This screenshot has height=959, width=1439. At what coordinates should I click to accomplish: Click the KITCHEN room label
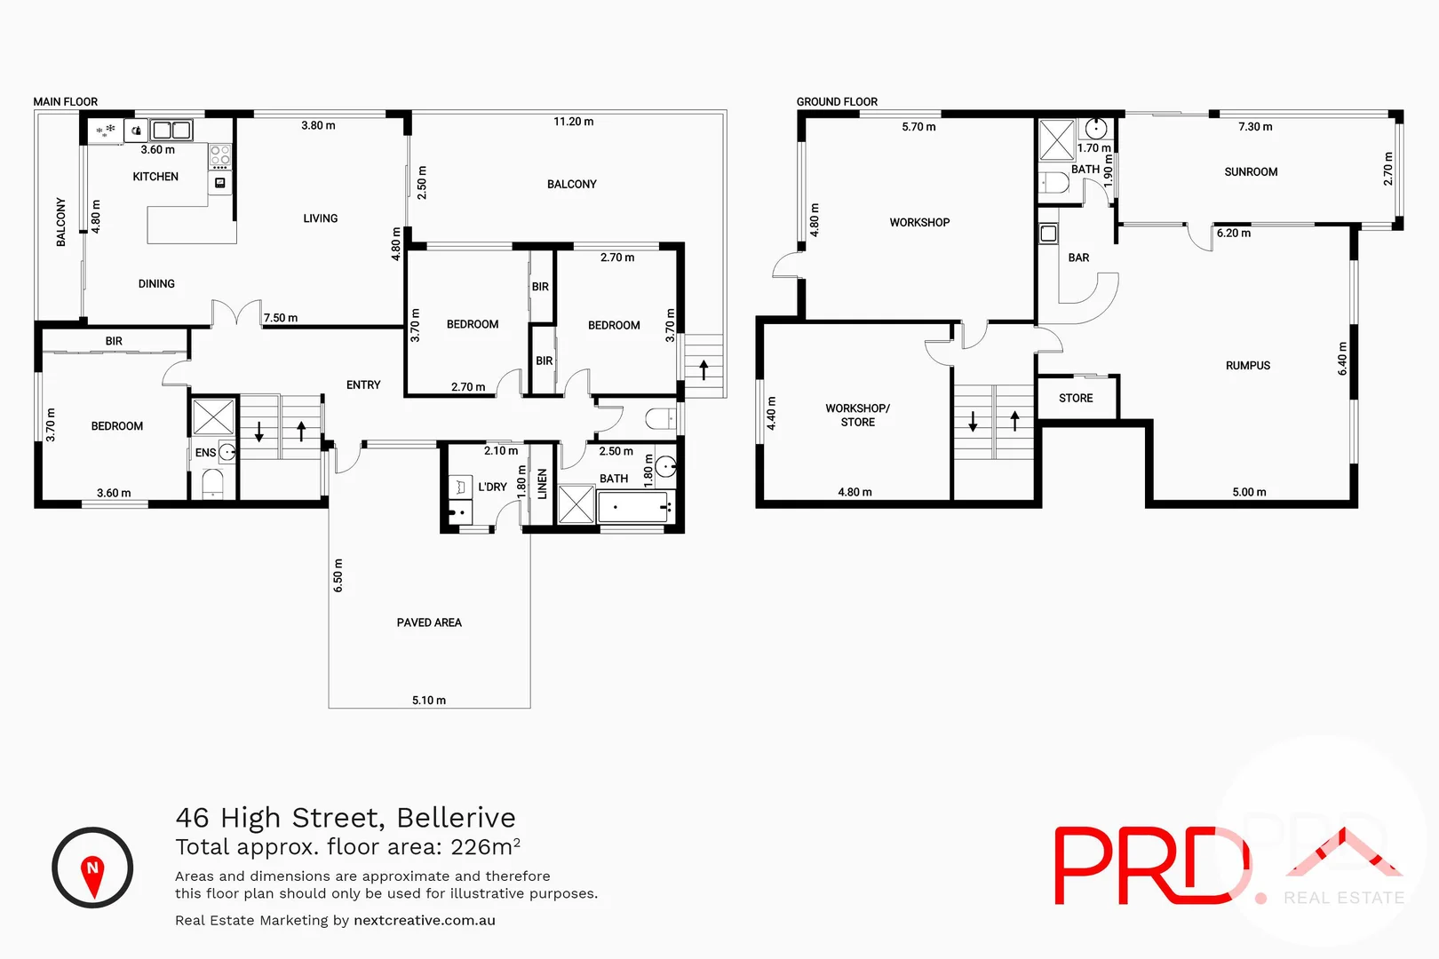tap(155, 177)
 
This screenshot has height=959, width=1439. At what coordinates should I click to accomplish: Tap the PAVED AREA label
tap(429, 622)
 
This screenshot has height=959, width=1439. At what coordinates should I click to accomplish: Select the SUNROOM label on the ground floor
tap(1251, 172)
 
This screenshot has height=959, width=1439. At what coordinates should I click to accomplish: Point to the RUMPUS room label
tap(1247, 366)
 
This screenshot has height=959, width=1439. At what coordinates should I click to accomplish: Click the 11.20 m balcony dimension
tap(573, 122)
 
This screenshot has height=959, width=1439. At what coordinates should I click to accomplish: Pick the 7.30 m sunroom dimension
tap(1254, 127)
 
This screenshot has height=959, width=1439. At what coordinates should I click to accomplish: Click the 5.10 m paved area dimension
tap(429, 701)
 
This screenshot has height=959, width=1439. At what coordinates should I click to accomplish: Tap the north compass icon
tap(92, 868)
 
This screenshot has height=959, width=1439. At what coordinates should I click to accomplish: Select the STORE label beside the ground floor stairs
tap(1076, 399)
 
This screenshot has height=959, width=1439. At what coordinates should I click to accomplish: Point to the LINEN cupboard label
tap(543, 484)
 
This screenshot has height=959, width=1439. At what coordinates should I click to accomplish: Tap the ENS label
tap(205, 453)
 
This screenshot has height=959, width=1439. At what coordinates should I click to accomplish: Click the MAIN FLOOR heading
tap(66, 102)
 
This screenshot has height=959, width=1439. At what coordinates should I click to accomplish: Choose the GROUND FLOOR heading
tap(837, 102)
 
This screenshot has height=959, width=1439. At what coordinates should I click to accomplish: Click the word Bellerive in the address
tap(456, 818)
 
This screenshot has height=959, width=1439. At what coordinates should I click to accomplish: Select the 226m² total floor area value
tap(485, 847)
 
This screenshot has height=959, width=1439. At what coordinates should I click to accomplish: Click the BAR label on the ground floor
tap(1078, 258)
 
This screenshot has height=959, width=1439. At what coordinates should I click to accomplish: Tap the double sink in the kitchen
tap(171, 131)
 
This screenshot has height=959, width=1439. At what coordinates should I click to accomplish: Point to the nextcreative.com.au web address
tap(425, 921)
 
